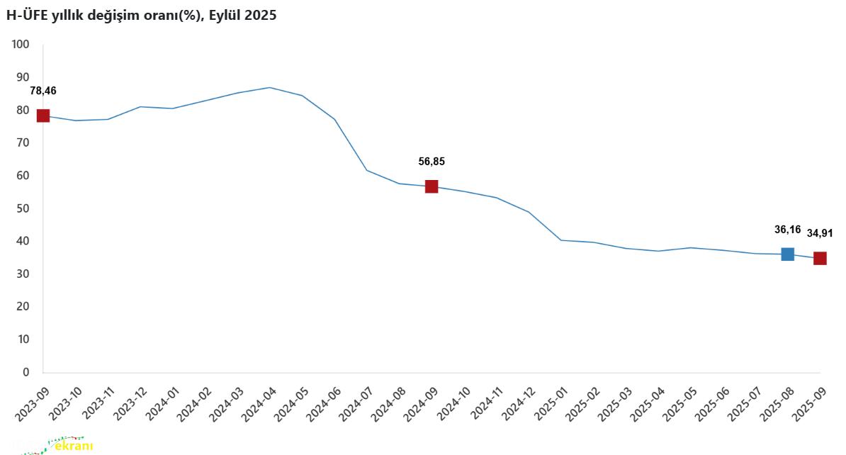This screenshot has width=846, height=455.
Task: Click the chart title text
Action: point(141,16)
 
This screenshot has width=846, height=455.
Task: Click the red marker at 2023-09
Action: point(43,116)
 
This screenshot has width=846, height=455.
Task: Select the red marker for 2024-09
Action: point(432,186)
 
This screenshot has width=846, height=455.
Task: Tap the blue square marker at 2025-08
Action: point(787,254)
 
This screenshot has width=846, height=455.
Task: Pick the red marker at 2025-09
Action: point(820,259)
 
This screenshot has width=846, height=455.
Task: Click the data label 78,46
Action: point(43,91)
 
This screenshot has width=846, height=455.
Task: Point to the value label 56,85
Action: point(432,162)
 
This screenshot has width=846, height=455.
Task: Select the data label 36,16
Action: point(787,230)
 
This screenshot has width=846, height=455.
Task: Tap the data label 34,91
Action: point(820,233)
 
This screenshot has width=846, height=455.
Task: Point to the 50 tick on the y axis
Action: point(23,208)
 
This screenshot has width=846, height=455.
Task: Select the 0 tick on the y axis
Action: point(26,372)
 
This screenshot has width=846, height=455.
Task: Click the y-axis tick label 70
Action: point(23,142)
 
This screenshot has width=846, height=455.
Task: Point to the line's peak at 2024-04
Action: point(270,87)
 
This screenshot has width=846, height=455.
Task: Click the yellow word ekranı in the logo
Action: point(74,446)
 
